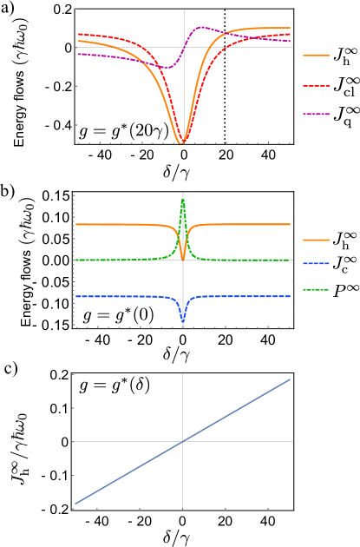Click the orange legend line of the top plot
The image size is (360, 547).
point(316,55)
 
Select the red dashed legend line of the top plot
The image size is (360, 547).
point(316,85)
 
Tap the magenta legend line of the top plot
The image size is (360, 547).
point(316,114)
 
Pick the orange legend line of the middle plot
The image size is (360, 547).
point(316,240)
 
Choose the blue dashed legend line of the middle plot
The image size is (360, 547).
point(316,263)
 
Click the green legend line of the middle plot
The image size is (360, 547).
point(316,290)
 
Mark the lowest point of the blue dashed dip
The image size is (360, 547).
point(182,322)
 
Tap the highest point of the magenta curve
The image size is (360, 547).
point(203,27)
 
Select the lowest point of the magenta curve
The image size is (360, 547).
point(167,67)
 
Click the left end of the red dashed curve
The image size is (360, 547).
point(78,34)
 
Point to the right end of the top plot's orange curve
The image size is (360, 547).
point(291,28)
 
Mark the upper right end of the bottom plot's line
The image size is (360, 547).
point(291,379)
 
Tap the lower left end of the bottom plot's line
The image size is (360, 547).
point(75,504)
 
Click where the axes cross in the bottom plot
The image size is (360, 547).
point(182,441)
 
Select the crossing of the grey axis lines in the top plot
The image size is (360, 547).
point(183,47)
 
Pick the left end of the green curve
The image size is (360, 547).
point(75,260)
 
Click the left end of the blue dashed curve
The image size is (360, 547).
point(75,296)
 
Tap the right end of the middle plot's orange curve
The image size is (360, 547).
point(291,224)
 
